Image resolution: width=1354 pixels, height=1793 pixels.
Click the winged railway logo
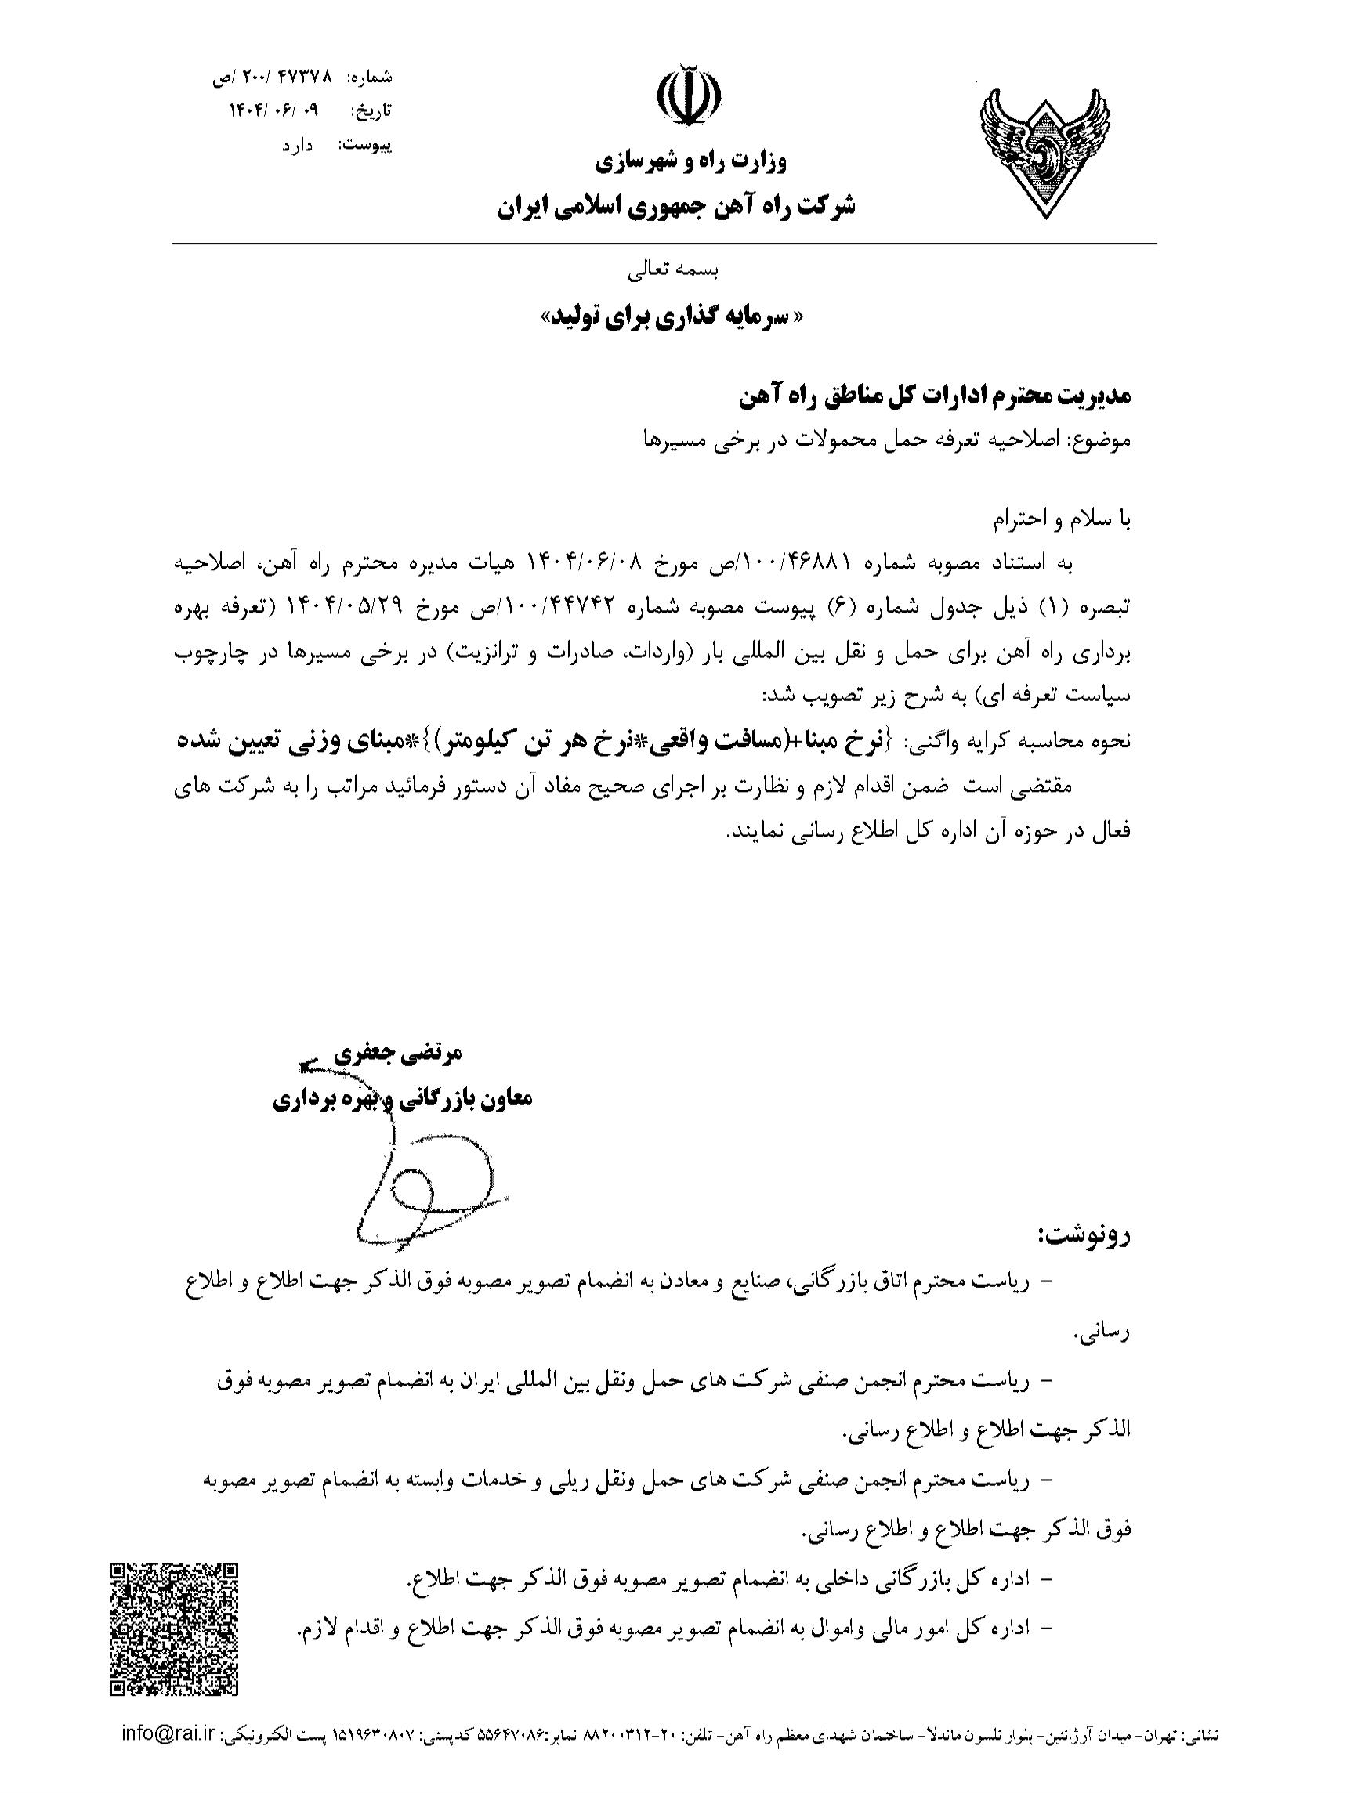click(1044, 153)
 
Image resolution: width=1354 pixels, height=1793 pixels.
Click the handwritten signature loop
click(429, 1200)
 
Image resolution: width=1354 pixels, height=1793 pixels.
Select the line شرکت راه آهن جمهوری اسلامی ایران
click(676, 207)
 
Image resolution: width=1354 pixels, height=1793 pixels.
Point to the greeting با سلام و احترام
click(1062, 520)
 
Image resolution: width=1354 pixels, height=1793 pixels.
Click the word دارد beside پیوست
click(298, 146)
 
